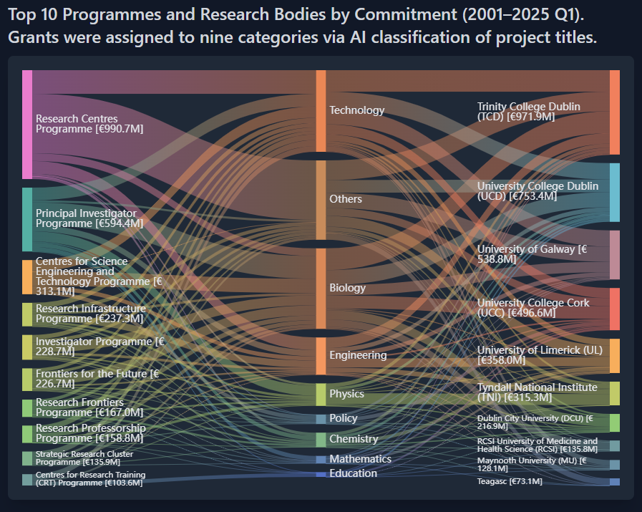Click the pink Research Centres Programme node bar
(27, 125)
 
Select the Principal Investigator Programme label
(89, 218)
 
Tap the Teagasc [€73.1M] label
(510, 482)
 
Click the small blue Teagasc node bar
(614, 482)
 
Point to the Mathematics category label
(360, 459)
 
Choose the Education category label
(353, 473)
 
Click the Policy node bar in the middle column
(321, 418)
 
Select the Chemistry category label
(353, 439)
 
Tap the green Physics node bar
(321, 394)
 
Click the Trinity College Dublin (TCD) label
(529, 112)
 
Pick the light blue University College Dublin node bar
(614, 193)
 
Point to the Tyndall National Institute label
(537, 392)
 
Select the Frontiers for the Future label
(97, 378)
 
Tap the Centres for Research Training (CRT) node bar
(27, 480)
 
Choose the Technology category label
(356, 110)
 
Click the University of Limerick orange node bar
(614, 356)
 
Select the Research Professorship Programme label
(91, 433)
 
